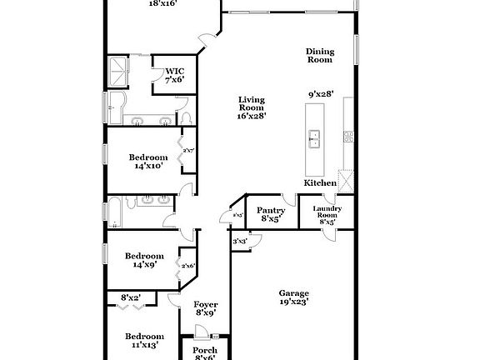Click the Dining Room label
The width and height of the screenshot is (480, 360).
click(x=319, y=55)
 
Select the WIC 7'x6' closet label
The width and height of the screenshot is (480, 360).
click(x=174, y=75)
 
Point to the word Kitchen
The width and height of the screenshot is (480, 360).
click(x=320, y=182)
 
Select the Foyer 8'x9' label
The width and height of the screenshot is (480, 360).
click(x=205, y=308)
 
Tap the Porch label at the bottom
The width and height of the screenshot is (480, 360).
click(x=205, y=350)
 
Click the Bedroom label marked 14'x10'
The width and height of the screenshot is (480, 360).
click(x=148, y=161)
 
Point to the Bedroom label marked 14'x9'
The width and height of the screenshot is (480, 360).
click(x=145, y=261)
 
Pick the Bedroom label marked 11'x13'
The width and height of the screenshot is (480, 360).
click(x=143, y=340)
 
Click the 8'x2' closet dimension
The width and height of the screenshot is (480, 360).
click(x=131, y=297)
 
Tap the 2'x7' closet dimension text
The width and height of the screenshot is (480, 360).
click(x=188, y=151)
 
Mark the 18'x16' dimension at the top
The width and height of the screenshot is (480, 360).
click(x=162, y=3)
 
